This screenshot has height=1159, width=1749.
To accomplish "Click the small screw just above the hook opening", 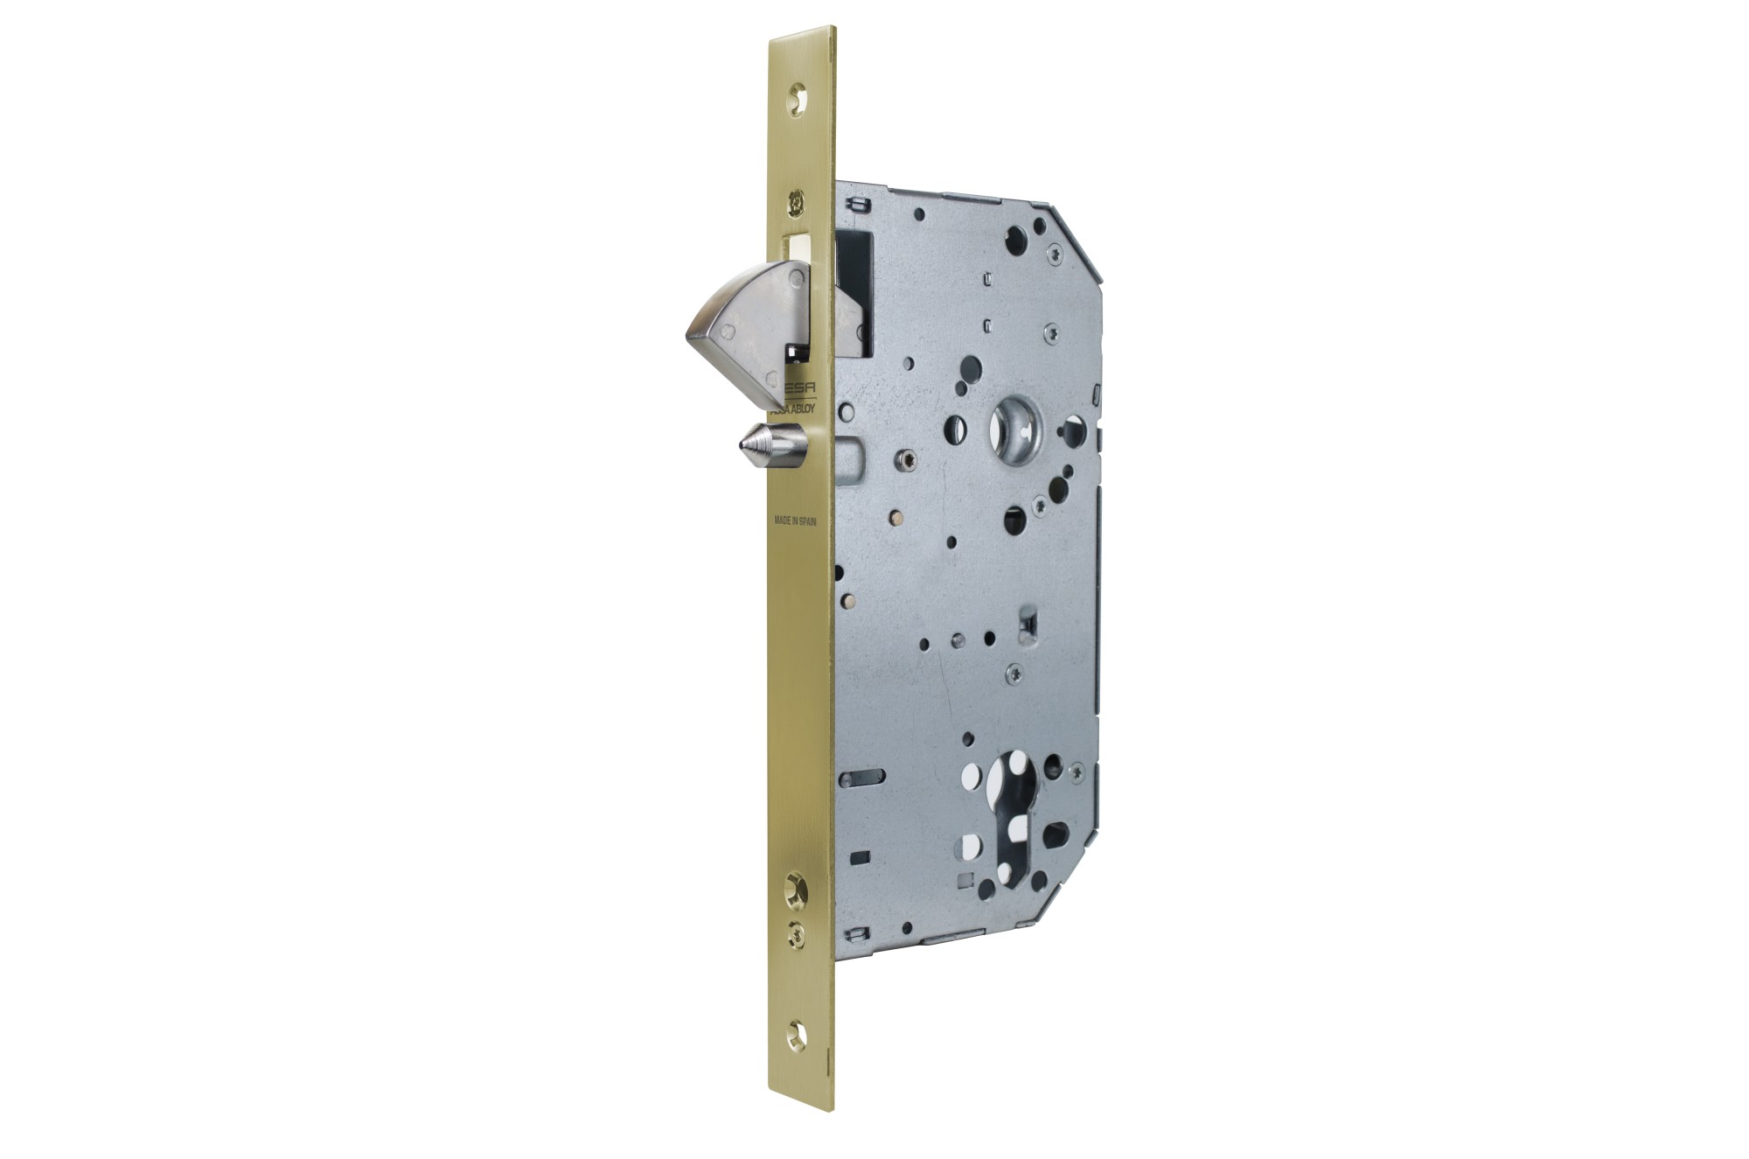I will pyautogui.click(x=795, y=201).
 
